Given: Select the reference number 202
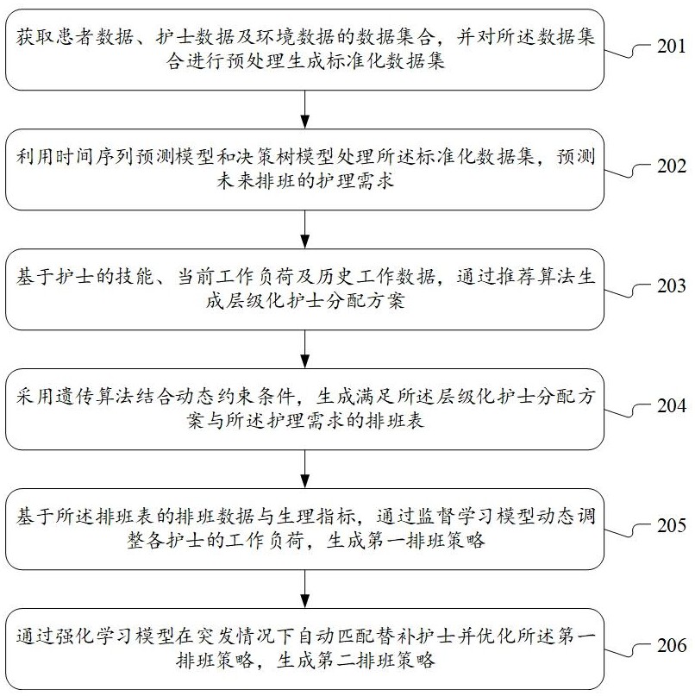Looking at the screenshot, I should coord(669,166).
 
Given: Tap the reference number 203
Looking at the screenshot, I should coord(669,286).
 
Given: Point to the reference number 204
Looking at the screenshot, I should coord(669,405).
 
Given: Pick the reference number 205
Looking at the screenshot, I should coord(669,525).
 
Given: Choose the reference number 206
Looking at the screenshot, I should coord(669,644).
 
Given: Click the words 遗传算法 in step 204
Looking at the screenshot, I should coord(85,396).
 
